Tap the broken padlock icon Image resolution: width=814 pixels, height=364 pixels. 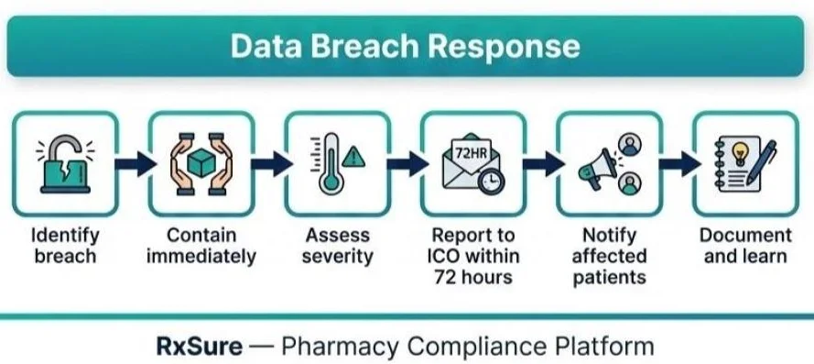click(65, 162)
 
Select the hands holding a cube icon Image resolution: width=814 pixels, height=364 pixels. click(201, 163)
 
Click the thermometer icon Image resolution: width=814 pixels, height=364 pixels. click(329, 165)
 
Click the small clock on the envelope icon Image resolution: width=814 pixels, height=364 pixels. click(492, 180)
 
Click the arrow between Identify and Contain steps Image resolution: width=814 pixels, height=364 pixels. click(133, 164)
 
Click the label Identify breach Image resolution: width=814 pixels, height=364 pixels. click(65, 246)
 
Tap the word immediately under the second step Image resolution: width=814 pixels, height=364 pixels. click(201, 257)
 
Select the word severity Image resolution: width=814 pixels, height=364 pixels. click(337, 257)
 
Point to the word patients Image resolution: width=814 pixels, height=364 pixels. click(609, 277)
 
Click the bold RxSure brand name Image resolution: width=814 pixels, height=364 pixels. click(198, 347)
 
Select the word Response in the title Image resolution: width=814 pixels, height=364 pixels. click(512, 46)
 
